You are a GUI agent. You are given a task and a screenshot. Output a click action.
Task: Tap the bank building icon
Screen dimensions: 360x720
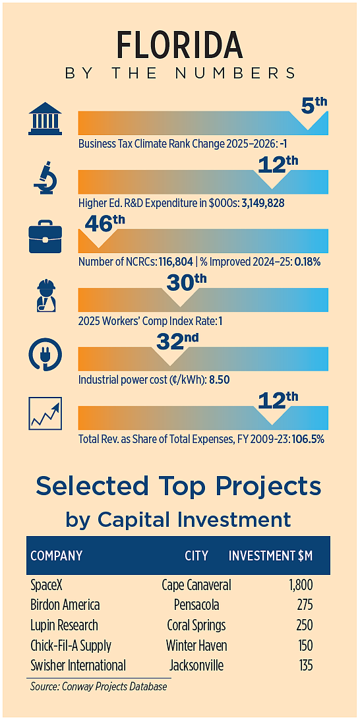(45, 119)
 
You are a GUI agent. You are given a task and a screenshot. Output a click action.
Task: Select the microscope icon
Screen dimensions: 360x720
(45, 177)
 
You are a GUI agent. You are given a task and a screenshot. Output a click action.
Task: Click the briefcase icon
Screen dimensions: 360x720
(45, 236)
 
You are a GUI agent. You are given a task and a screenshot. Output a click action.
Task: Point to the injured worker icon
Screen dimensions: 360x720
(45, 295)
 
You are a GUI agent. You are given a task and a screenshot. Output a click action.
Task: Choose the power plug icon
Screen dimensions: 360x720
(45, 354)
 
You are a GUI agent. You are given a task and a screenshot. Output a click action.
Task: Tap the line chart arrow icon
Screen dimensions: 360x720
(45, 413)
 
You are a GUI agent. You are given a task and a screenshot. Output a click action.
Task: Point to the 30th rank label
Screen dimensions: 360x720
(187, 282)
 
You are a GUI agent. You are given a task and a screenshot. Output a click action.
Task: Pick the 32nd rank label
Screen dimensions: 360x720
(178, 341)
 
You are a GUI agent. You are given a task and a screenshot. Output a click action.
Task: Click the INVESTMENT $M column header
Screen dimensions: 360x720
(270, 556)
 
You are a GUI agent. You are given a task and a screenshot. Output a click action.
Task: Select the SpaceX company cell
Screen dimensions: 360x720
(46, 585)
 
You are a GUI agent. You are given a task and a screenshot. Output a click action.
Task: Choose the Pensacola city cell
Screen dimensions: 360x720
(196, 605)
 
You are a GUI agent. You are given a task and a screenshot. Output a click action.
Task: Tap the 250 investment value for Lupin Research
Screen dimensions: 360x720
(304, 625)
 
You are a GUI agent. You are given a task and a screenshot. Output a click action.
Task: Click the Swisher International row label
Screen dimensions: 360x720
(78, 665)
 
